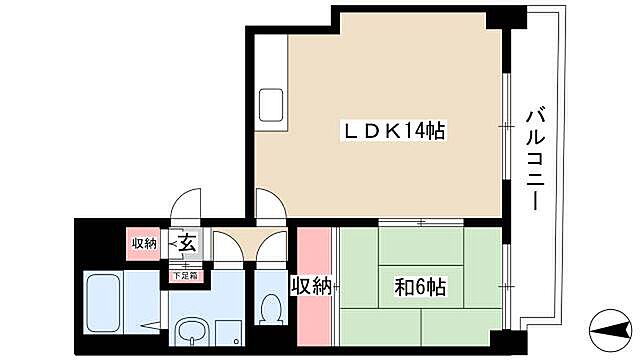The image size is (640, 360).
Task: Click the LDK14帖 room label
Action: coord(395,129)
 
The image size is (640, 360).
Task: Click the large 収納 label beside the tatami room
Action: coord(311,287)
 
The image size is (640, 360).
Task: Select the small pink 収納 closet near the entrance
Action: coord(143,243)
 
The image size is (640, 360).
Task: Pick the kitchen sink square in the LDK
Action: coord(271,104)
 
